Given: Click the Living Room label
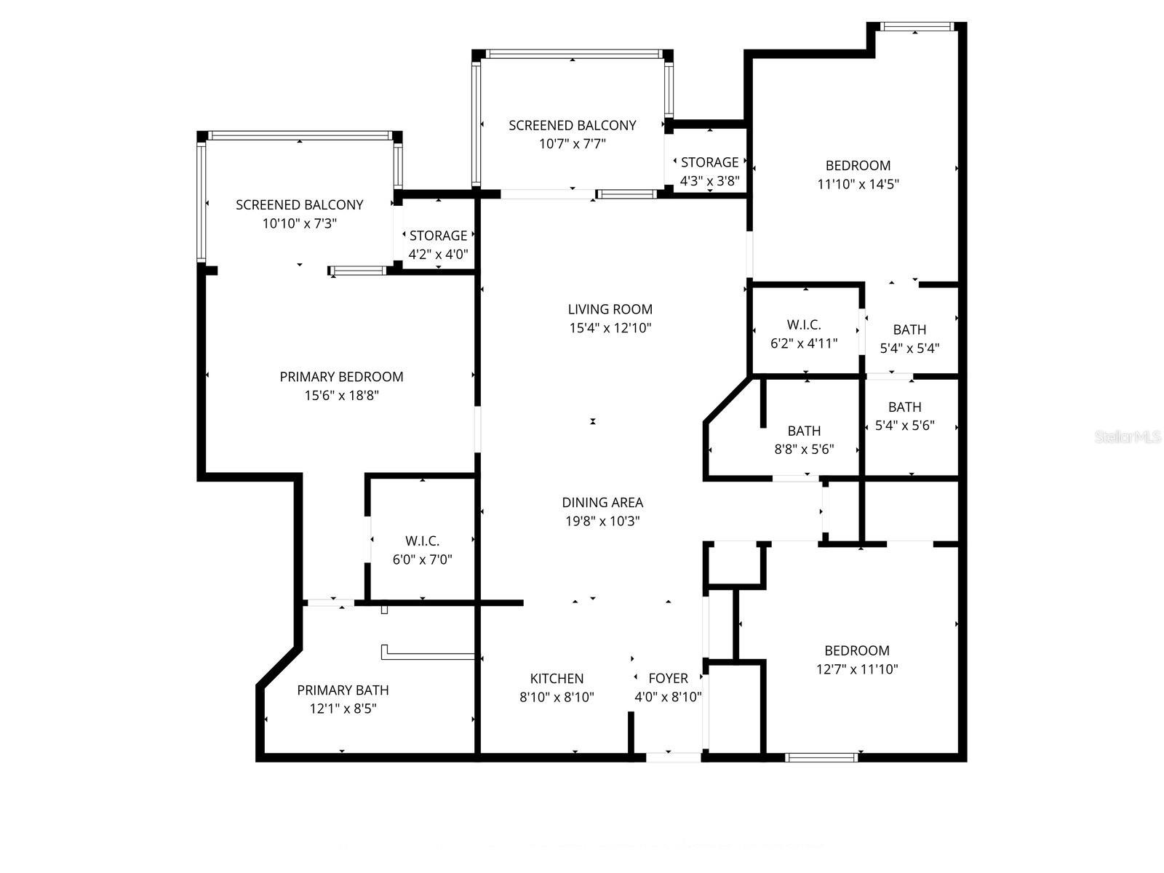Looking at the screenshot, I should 610,309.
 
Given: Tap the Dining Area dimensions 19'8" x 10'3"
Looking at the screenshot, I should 602,522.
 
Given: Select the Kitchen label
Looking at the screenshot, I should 557,679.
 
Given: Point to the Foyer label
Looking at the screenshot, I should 668,679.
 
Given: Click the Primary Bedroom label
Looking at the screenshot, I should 341,377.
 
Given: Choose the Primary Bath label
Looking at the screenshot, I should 343,690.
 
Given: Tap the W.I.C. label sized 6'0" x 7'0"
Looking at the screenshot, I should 422,541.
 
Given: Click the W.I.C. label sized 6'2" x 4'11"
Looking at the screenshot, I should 804,325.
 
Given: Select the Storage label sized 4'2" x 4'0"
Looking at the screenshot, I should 438,236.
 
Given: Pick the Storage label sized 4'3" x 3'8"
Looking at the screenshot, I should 709,162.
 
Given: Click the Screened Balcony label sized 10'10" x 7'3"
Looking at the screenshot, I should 299,205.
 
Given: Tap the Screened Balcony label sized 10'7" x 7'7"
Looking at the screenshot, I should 572,126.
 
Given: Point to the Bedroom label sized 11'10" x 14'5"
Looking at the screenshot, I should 858,166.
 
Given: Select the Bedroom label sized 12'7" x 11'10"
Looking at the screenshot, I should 856,651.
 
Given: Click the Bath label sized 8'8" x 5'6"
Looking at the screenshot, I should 804,431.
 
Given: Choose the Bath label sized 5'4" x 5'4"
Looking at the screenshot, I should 909,330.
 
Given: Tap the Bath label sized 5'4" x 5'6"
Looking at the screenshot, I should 904,407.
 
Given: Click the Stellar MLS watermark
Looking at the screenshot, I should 1128,437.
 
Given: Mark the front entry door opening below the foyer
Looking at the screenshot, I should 674,757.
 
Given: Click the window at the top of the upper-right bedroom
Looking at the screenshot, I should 916,28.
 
